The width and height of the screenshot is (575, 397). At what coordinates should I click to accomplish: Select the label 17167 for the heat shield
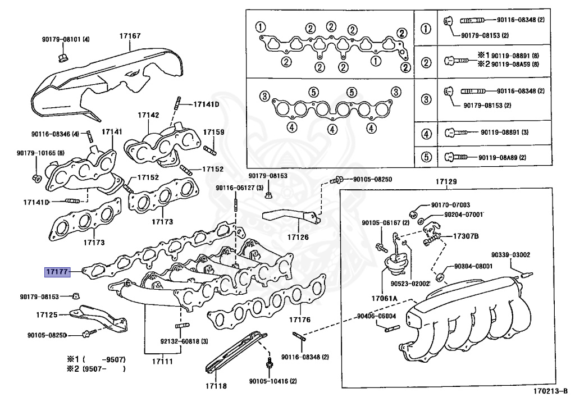pos(130,36)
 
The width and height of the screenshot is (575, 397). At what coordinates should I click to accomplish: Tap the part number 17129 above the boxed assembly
pos(446,182)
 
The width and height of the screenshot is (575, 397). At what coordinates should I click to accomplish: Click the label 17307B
pos(466,236)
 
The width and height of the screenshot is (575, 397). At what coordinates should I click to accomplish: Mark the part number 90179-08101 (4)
pos(65,40)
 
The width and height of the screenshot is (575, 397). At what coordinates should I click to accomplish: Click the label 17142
pos(149,115)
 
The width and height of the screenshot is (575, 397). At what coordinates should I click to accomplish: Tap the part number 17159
pos(213,132)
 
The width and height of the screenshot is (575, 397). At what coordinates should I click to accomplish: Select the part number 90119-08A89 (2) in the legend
pos(502,157)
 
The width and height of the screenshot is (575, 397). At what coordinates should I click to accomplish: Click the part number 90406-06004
pos(376,316)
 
